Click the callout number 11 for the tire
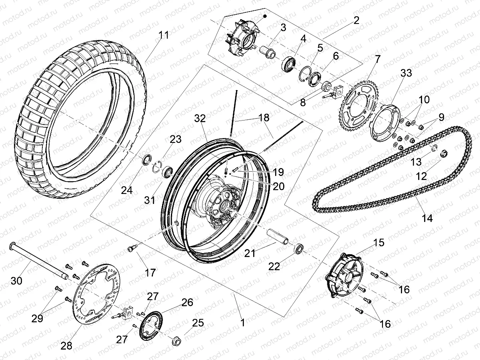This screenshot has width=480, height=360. (x=163, y=35)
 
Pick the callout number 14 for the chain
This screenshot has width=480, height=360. (x=426, y=218)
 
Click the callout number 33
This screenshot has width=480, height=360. (x=395, y=73)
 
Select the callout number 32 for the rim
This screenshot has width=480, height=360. (x=200, y=118)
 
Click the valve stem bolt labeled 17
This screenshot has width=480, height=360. (x=131, y=249)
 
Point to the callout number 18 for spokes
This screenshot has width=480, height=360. (x=264, y=118)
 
